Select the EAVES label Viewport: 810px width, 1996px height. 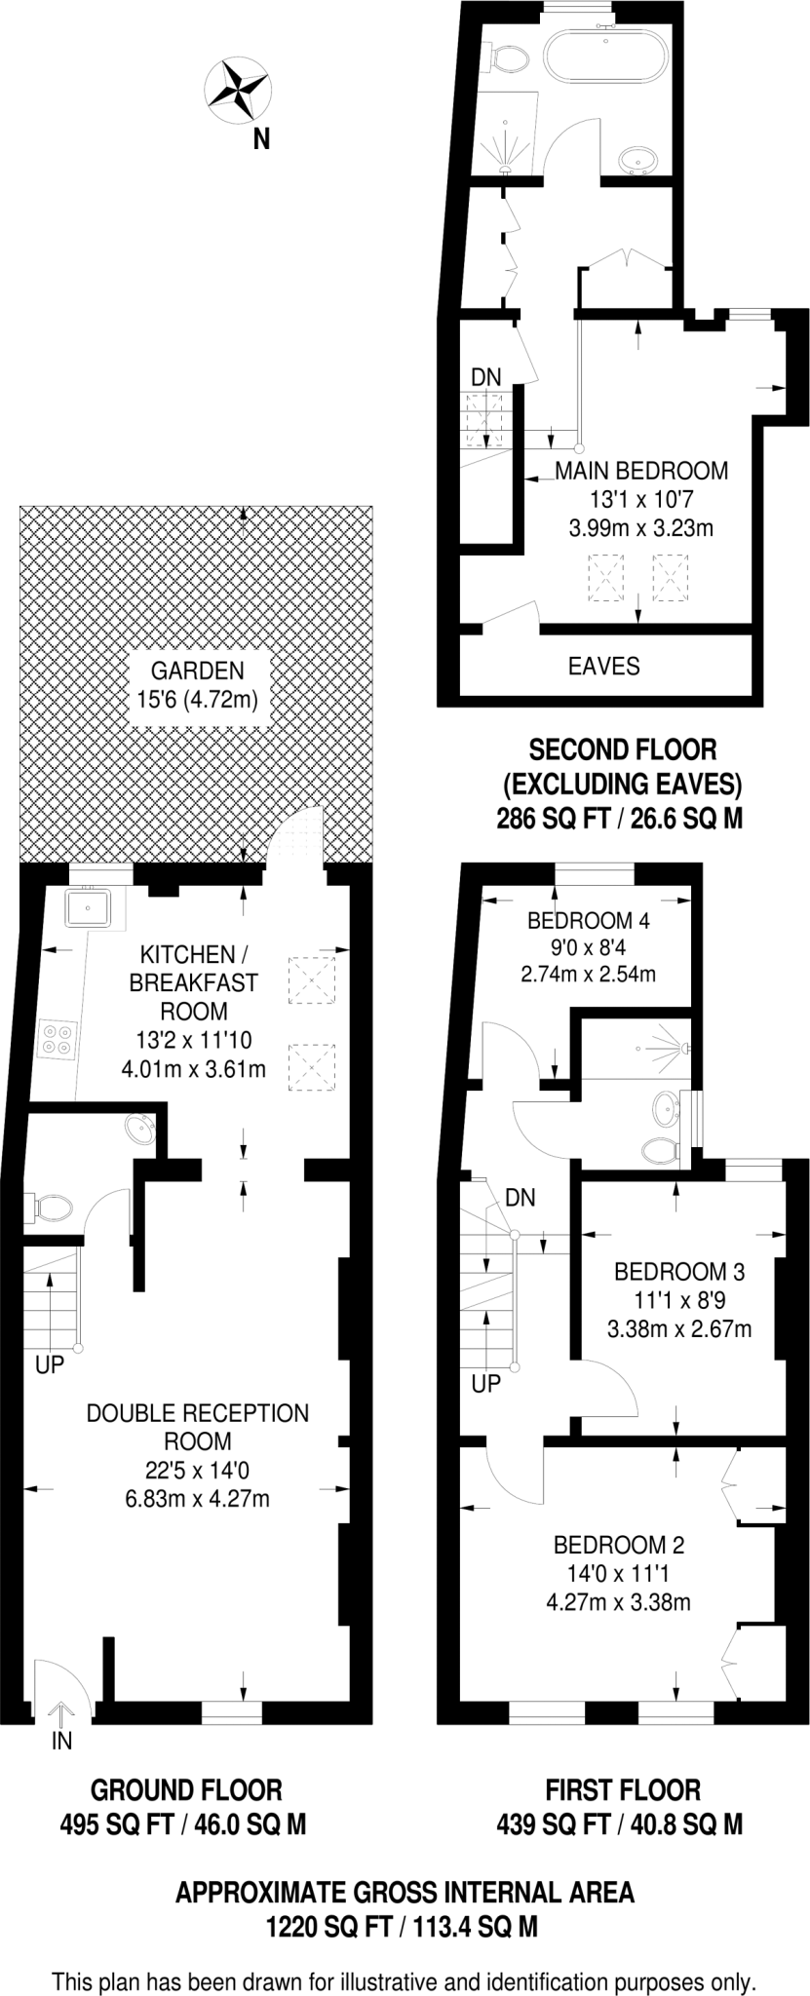pyautogui.click(x=603, y=666)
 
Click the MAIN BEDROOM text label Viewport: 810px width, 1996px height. pyautogui.click(x=641, y=471)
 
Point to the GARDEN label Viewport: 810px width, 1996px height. pyautogui.click(x=197, y=671)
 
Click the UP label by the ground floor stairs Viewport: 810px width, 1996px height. pyautogui.click(x=49, y=1365)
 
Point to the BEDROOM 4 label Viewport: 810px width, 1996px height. pyautogui.click(x=588, y=920)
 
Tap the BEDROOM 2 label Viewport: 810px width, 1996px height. pyautogui.click(x=619, y=1544)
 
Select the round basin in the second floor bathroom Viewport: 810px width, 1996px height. pyautogui.click(x=639, y=158)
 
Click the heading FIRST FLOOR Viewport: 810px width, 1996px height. pyautogui.click(x=622, y=1789)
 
